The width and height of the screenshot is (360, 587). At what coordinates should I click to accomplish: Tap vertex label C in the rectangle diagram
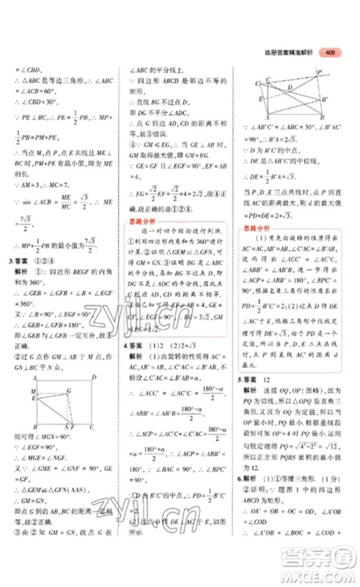(x=92, y=427)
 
